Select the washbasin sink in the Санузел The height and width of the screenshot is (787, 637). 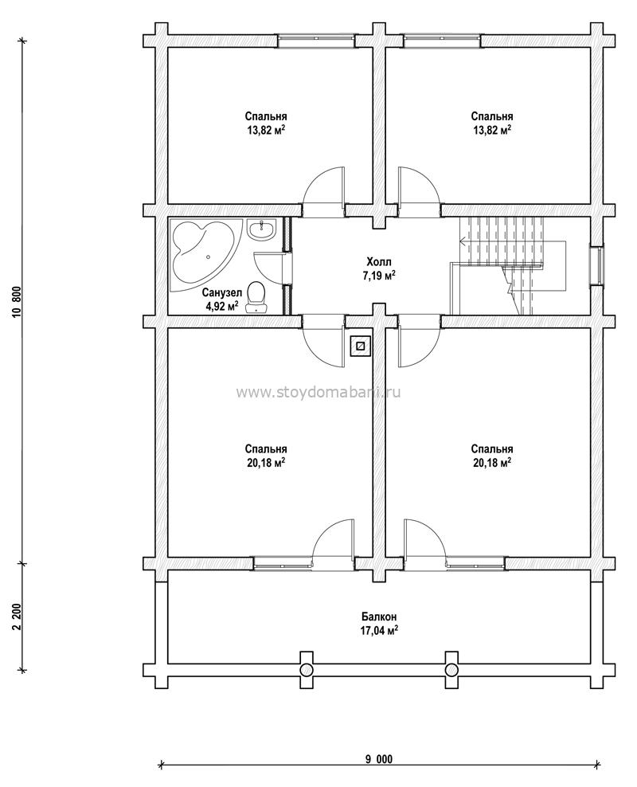pos(261,230)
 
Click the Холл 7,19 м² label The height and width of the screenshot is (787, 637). pos(379,268)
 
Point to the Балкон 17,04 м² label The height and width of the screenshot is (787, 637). pos(379,623)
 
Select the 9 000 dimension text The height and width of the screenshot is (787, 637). pos(379,759)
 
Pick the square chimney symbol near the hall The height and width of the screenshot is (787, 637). pos(360,346)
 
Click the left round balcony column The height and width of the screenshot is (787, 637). pos(307,670)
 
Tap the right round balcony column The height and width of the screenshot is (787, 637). pos(451,670)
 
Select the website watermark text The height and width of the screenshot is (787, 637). pos(318,392)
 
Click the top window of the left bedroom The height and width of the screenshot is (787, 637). pos(316,41)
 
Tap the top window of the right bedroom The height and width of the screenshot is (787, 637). pos(442,41)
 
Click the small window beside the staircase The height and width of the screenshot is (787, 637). pos(597,264)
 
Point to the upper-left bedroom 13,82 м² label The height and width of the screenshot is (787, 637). pos(266,123)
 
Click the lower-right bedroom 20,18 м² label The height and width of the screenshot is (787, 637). pos(492,456)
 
